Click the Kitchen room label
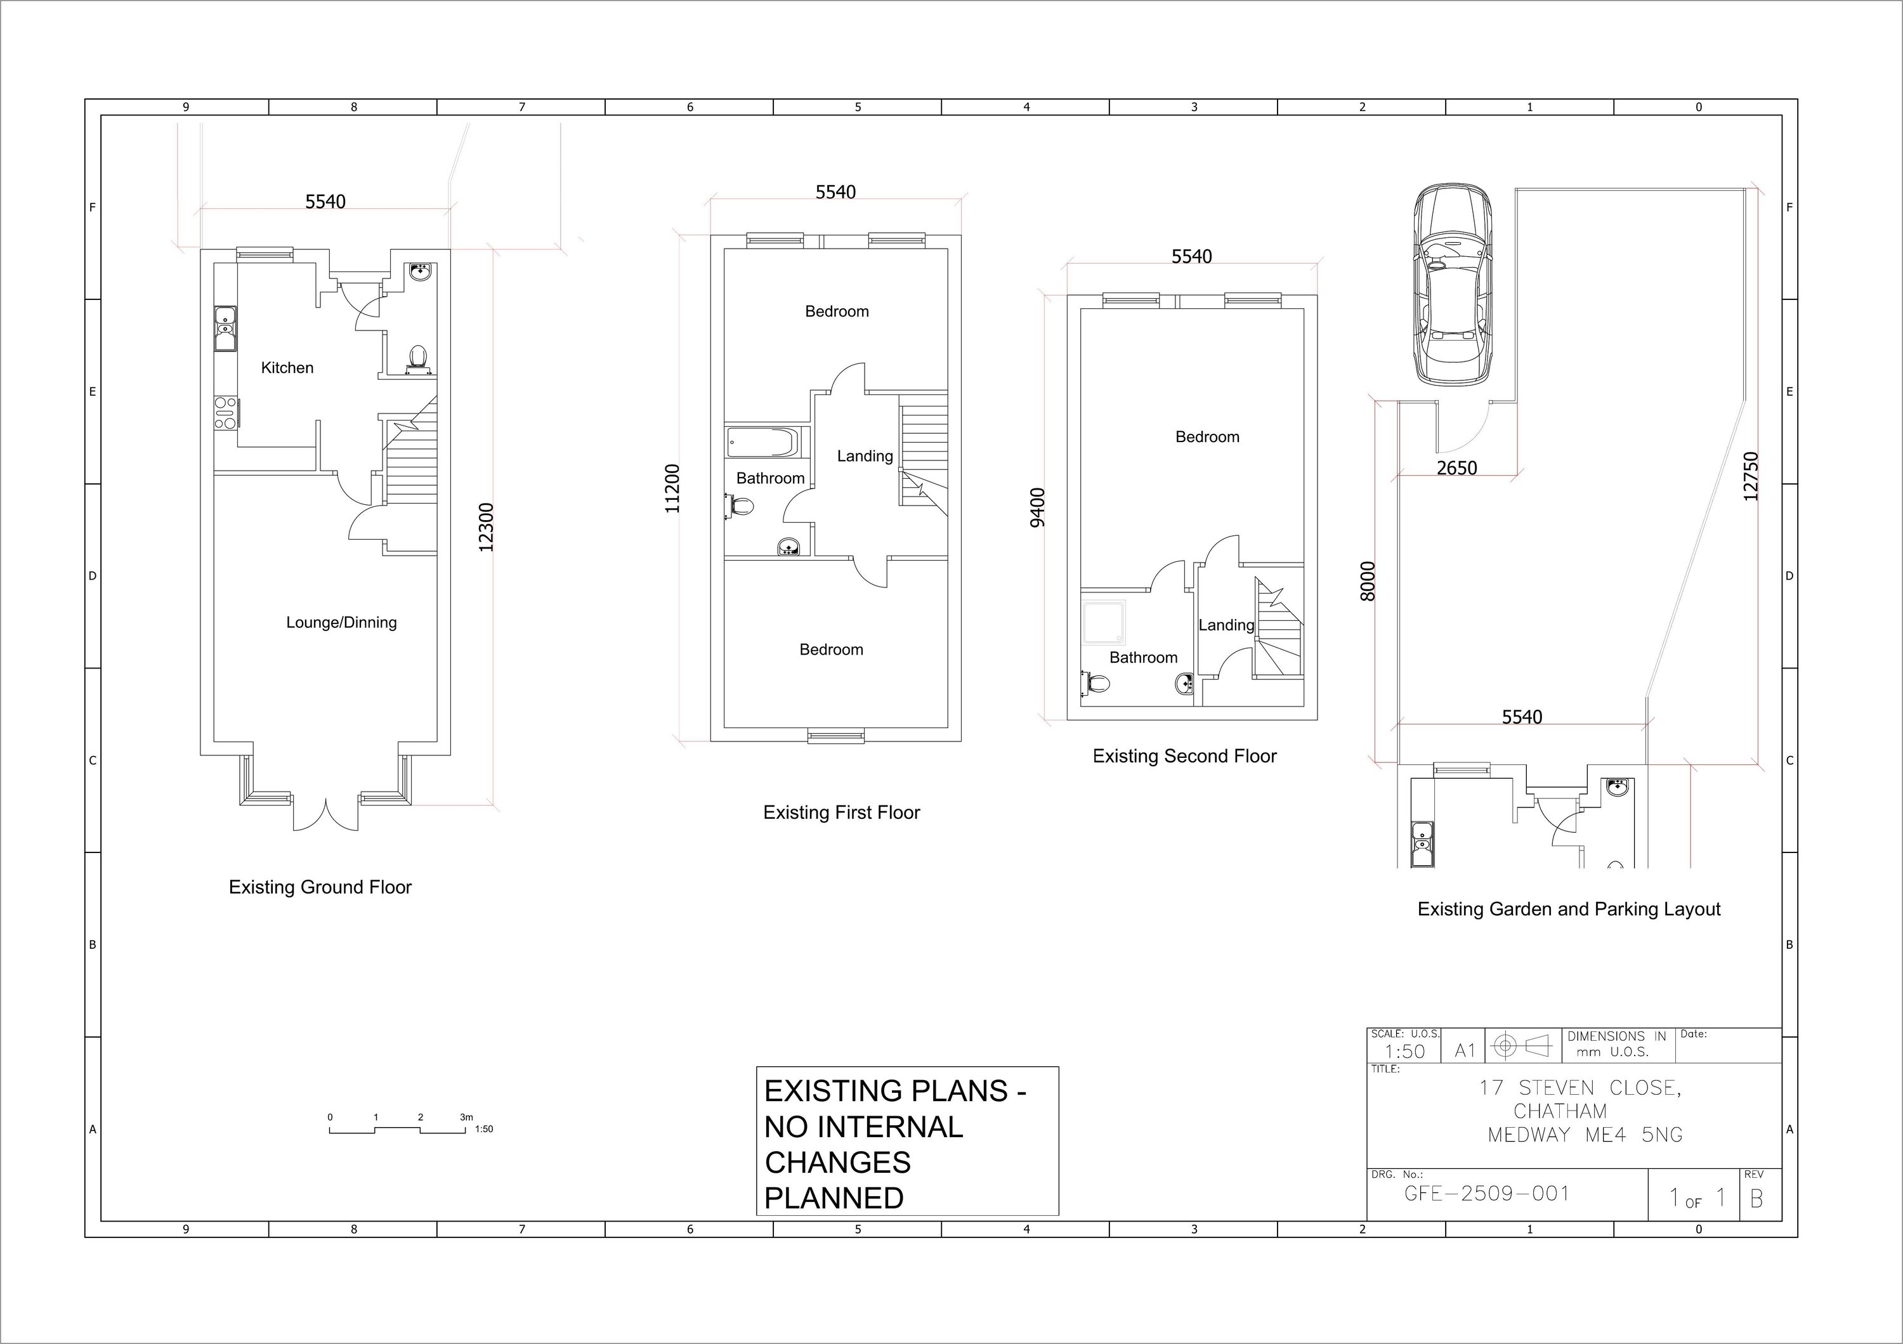coord(287,368)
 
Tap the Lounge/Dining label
coord(341,622)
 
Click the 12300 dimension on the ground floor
coord(487,527)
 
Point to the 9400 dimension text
coord(1038,507)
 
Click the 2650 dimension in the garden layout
coord(1456,468)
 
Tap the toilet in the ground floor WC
coord(419,357)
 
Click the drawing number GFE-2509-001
coord(1487,1194)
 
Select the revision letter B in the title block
coord(1755,1199)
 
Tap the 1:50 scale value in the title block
coord(1405,1052)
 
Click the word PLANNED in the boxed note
coord(834,1198)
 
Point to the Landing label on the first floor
coord(865,457)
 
